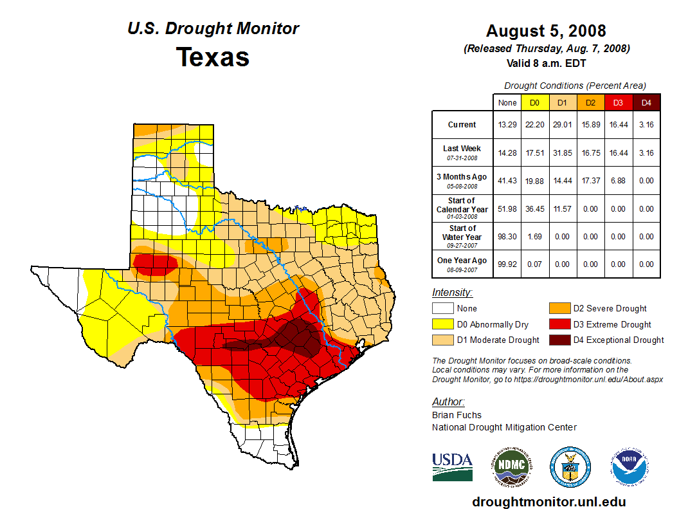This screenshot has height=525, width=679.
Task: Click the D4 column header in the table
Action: tap(646, 102)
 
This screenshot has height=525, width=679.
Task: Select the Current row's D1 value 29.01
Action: tap(562, 125)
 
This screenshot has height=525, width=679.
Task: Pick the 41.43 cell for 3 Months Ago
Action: tap(507, 180)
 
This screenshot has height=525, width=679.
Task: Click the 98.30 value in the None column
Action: tap(507, 236)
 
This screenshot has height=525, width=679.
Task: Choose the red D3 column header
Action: tap(618, 102)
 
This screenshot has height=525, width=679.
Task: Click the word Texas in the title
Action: tap(213, 57)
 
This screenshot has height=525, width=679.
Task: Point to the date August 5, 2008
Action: tap(546, 31)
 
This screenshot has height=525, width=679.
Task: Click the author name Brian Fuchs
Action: tap(457, 415)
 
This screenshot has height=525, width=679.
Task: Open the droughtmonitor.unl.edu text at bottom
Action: tap(548, 502)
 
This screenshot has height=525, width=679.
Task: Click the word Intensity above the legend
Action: tap(452, 292)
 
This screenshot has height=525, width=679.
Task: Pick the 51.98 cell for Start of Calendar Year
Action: tap(507, 208)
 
